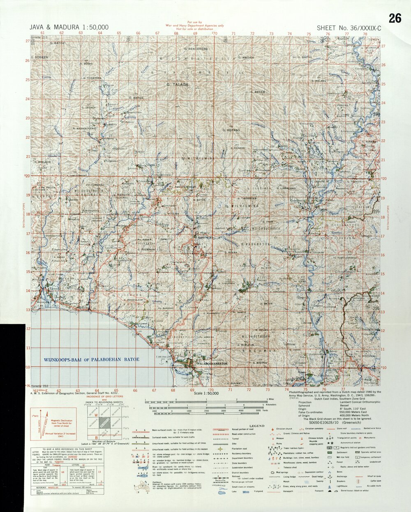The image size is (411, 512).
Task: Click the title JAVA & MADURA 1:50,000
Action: (x=69, y=28)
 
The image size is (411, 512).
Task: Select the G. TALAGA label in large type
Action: (x=178, y=84)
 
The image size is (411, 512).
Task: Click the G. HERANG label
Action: (x=231, y=130)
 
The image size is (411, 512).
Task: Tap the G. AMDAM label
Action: (x=246, y=58)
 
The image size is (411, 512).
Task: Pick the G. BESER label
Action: (x=258, y=92)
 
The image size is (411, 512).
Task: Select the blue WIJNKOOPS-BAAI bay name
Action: (x=91, y=359)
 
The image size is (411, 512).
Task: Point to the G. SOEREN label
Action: (x=39, y=57)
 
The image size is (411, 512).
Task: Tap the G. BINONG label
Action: (x=260, y=363)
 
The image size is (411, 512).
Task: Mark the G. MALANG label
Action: (x=319, y=81)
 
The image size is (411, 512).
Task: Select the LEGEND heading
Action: (x=257, y=426)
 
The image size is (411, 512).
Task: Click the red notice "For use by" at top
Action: (x=194, y=22)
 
